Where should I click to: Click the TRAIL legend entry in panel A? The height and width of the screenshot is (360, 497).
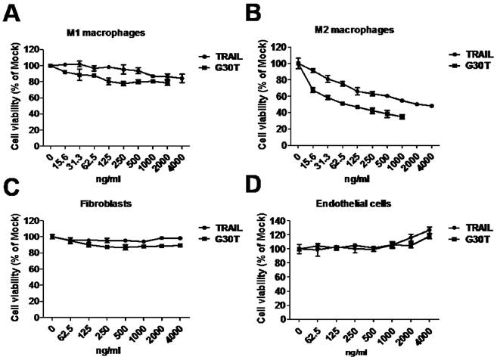point(226,57)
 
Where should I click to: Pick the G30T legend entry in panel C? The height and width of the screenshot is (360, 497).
point(227,240)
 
